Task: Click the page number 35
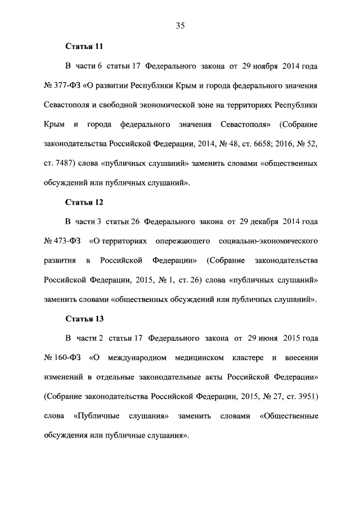[180, 25]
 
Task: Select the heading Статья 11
[84, 46]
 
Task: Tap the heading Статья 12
[84, 201]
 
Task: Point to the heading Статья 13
[84, 318]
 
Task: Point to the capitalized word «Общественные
[289, 416]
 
